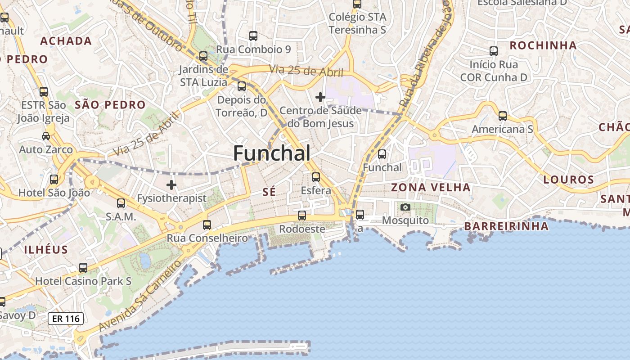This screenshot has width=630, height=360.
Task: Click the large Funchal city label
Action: tap(272, 153)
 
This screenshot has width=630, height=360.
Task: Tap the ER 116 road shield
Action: tap(66, 319)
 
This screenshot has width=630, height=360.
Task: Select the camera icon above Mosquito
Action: tap(405, 207)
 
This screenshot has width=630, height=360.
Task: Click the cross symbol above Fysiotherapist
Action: tap(171, 184)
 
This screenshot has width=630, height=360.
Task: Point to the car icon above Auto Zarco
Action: tap(45, 136)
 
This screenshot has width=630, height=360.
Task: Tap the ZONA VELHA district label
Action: tap(431, 187)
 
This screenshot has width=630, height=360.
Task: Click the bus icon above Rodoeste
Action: tap(302, 216)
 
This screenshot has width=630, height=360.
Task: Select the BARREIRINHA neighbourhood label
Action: tap(506, 226)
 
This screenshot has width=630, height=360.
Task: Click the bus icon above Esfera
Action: tap(316, 177)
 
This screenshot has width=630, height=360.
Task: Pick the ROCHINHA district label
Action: tap(543, 45)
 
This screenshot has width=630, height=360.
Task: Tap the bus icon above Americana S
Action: tap(503, 116)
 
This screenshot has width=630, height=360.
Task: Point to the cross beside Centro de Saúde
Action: tap(320, 97)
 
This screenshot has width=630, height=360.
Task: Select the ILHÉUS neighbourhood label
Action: tap(46, 250)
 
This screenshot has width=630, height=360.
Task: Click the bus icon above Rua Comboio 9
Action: tap(253, 36)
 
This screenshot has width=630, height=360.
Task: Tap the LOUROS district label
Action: tap(569, 180)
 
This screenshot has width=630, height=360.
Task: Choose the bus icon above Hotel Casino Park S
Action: tap(83, 268)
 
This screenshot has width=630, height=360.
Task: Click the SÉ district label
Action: tap(269, 192)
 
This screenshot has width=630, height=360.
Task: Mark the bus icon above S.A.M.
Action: tap(121, 203)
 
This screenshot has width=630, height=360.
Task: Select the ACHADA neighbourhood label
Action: tap(66, 41)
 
